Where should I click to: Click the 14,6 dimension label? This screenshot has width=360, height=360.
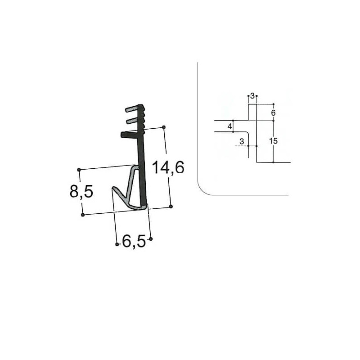tap(167, 168)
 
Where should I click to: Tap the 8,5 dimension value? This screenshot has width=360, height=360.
tap(81, 192)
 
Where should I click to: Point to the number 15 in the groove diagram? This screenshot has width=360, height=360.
tap(273, 141)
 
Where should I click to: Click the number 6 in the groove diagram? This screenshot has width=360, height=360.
tap(273, 112)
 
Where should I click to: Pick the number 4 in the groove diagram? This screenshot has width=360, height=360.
tap(229, 126)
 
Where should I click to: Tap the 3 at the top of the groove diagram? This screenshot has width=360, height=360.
tap(252, 95)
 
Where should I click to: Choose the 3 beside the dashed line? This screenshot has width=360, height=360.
tap(242, 141)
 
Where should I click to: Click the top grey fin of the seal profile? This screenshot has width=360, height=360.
tap(133, 109)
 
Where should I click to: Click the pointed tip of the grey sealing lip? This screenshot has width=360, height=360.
tap(113, 189)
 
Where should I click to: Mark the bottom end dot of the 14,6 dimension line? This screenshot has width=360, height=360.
tap(171, 206)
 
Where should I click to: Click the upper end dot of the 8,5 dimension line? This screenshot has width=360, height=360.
tap(79, 170)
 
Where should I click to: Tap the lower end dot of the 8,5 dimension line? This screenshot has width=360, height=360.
tap(83, 215)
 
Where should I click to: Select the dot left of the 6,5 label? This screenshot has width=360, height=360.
tap(117, 244)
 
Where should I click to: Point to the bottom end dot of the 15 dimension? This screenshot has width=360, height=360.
tap(273, 162)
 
